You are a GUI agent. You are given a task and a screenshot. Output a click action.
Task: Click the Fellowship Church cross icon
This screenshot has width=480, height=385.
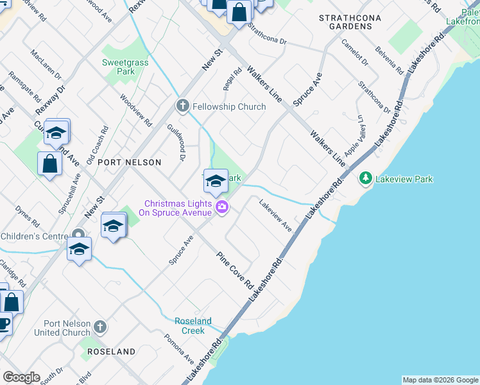coord(182,106)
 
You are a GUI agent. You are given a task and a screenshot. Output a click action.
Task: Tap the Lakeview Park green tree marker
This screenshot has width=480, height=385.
coord(366,178)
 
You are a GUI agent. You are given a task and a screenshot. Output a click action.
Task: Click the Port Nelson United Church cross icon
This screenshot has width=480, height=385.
coord(99,327)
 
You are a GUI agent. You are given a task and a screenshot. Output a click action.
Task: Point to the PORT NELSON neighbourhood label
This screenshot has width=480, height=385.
coord(129,162)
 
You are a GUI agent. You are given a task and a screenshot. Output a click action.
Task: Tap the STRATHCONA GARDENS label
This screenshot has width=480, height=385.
coord(346,22)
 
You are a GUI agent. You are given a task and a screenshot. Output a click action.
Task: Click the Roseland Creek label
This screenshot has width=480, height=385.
coord(193,325)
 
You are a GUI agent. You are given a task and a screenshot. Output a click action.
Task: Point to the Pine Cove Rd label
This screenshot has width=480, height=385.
coord(235,270)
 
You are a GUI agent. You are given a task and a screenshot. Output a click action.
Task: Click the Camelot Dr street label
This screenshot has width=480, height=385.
coord(355,53)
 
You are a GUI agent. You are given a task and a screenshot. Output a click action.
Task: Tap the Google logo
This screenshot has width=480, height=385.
coord(21,377)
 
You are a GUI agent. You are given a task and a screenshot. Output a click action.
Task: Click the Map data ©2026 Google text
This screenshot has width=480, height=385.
coord(440,380)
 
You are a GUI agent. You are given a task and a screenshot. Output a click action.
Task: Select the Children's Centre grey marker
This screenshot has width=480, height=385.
coord(78,235)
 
